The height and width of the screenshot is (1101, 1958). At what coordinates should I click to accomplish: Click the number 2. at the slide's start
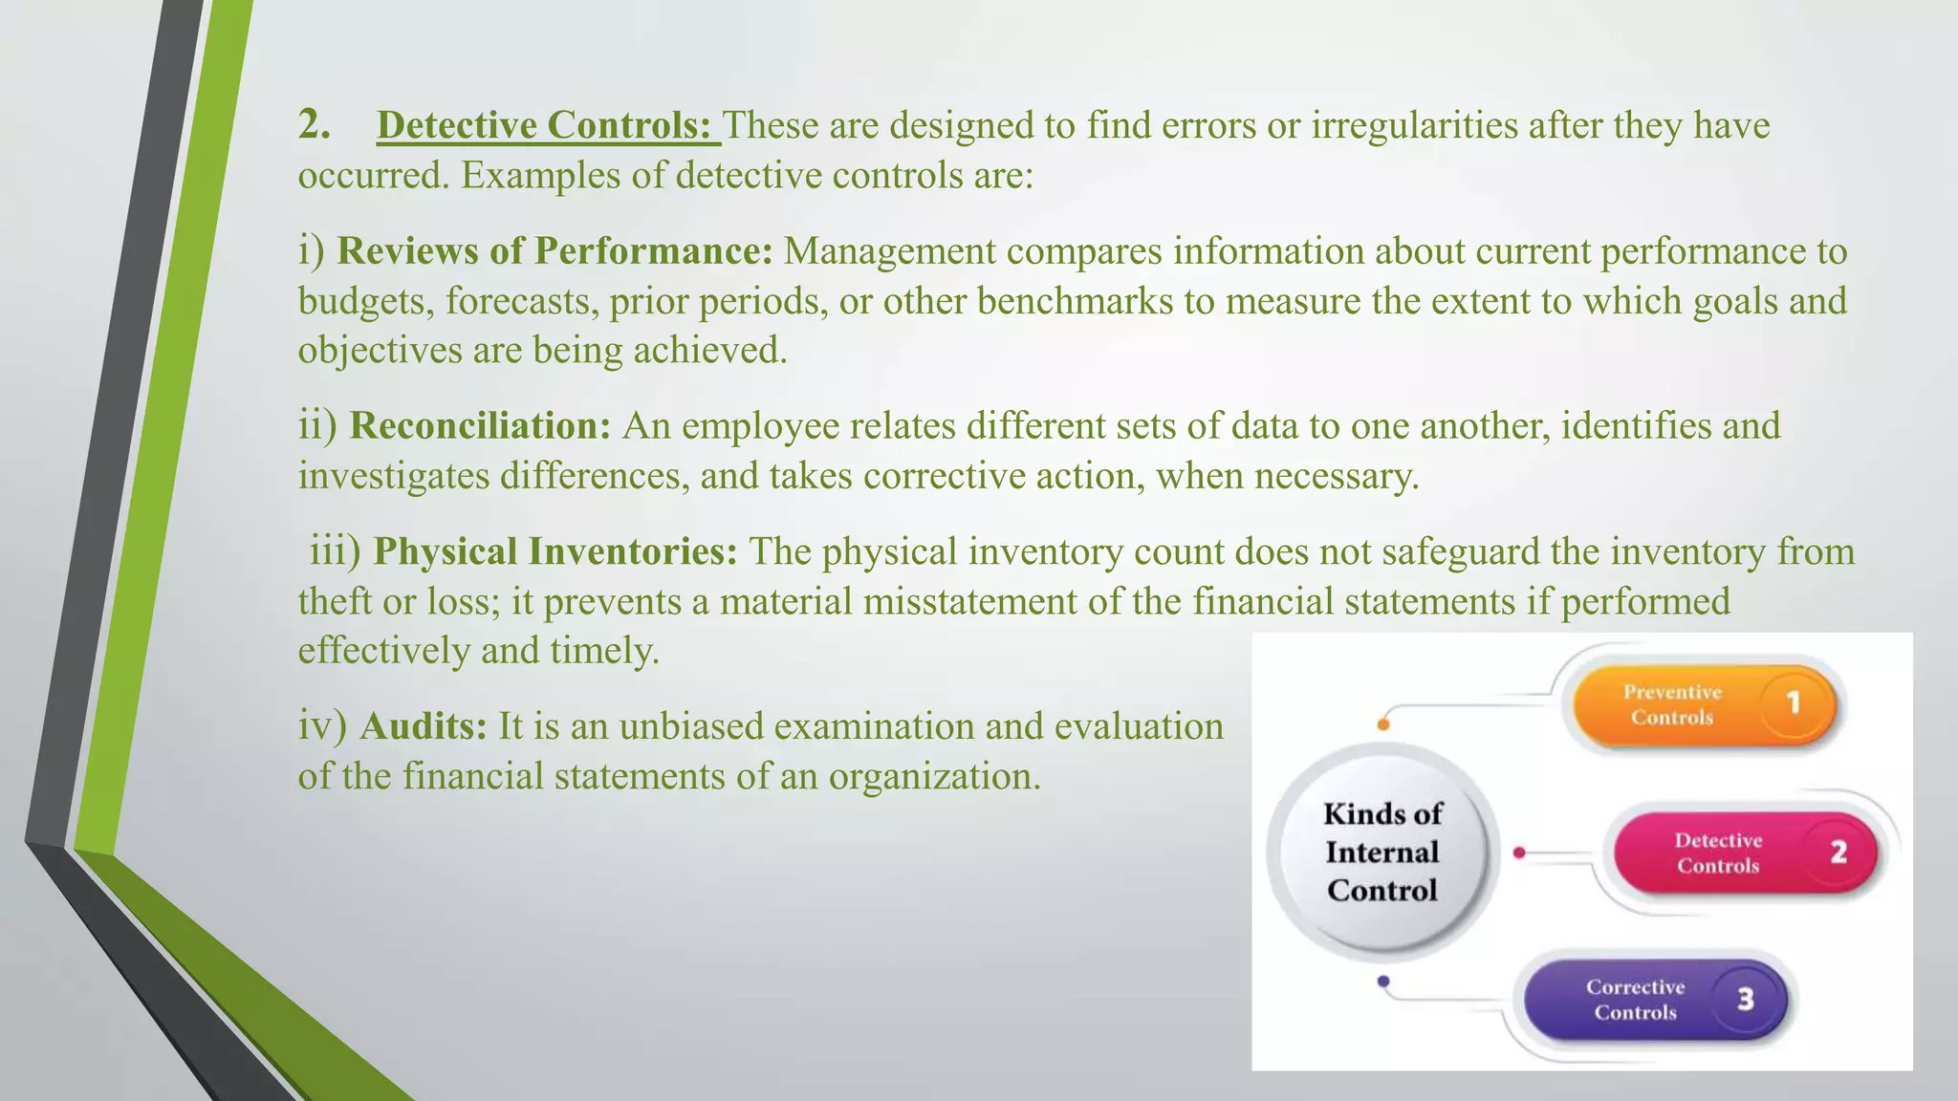(315, 125)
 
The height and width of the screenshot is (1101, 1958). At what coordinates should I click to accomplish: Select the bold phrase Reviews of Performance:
(555, 251)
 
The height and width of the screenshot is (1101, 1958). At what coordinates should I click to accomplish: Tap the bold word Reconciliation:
(480, 426)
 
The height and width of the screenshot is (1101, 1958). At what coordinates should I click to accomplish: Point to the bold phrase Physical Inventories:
(555, 552)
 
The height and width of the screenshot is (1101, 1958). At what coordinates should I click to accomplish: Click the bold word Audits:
(424, 727)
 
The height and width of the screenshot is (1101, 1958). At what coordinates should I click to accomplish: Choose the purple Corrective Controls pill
(1644, 1000)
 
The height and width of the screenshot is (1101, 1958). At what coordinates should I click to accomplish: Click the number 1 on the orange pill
(1794, 704)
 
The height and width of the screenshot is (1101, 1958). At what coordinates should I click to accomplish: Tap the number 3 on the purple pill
(1746, 1000)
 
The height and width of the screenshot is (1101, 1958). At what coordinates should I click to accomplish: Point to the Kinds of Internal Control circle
(1381, 853)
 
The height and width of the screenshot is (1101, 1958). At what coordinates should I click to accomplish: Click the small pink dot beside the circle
(1519, 853)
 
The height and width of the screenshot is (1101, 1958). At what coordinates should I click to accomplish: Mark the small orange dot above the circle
(1383, 724)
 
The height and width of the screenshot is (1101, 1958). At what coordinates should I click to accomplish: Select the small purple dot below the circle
(1383, 982)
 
